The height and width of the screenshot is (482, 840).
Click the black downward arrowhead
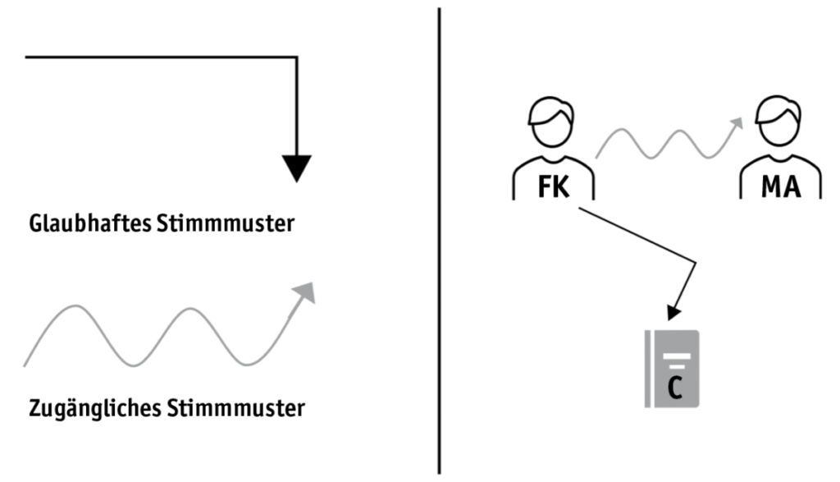click(297, 168)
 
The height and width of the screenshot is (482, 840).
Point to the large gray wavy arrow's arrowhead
click(306, 291)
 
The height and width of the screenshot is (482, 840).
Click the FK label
click(553, 187)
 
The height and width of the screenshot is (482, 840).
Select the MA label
click(780, 187)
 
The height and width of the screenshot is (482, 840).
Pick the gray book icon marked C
click(672, 369)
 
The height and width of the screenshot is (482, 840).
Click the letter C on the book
click(674, 387)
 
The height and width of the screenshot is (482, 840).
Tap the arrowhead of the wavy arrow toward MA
click(736, 123)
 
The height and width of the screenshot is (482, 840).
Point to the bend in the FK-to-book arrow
click(696, 264)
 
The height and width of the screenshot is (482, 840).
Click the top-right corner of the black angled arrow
click(296, 57)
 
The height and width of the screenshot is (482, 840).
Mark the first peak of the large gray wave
click(76, 307)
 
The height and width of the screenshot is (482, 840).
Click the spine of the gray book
click(649, 369)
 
